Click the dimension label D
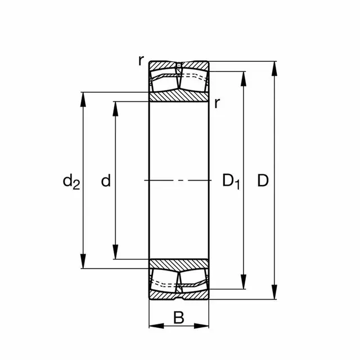click(263, 181)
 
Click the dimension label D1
click(231, 181)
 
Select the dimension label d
click(105, 181)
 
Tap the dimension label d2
click(71, 181)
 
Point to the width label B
click(178, 318)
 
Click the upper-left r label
click(141, 61)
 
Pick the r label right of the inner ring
click(217, 103)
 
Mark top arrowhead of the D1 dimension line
click(244, 78)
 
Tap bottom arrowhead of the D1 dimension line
click(244, 283)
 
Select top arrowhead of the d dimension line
click(115, 107)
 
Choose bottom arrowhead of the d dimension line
click(115, 254)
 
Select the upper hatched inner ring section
click(178, 96)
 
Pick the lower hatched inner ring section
click(178, 264)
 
